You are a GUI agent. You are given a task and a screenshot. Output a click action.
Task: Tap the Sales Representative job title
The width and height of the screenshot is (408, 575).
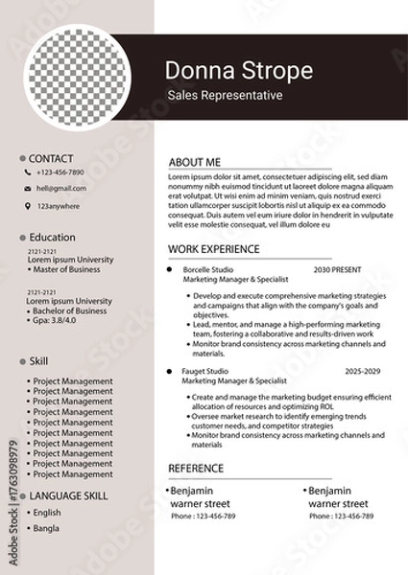tap(225, 95)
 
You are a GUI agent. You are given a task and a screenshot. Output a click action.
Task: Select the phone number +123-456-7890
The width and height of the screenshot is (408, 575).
tap(60, 172)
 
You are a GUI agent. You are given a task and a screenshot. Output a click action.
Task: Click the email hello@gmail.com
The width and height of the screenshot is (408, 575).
tap(61, 189)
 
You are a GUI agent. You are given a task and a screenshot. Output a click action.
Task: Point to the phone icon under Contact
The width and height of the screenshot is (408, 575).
tap(28, 172)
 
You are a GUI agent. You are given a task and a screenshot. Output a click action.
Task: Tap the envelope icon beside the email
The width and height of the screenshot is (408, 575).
tap(28, 189)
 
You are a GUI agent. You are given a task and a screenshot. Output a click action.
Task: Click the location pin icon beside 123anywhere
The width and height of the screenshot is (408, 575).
tap(28, 206)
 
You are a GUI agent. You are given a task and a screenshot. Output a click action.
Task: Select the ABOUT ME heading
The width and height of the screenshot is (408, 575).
tap(194, 162)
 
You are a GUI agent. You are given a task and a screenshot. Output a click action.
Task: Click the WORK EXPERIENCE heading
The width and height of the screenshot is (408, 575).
tap(213, 248)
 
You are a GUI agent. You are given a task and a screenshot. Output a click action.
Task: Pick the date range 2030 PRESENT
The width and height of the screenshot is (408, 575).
tap(337, 270)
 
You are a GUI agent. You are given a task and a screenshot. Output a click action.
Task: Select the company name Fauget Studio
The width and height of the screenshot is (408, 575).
tap(205, 371)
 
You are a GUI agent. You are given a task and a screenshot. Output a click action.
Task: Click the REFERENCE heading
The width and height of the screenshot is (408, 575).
tap(196, 469)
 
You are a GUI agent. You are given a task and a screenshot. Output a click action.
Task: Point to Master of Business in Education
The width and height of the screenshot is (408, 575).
tap(65, 269)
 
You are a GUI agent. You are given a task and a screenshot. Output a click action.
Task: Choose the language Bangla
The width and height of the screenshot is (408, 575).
tap(45, 527)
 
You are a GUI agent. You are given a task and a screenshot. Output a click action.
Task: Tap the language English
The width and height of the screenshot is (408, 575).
tap(46, 513)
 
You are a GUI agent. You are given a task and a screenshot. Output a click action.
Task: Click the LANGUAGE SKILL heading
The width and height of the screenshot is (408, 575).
tap(69, 495)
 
